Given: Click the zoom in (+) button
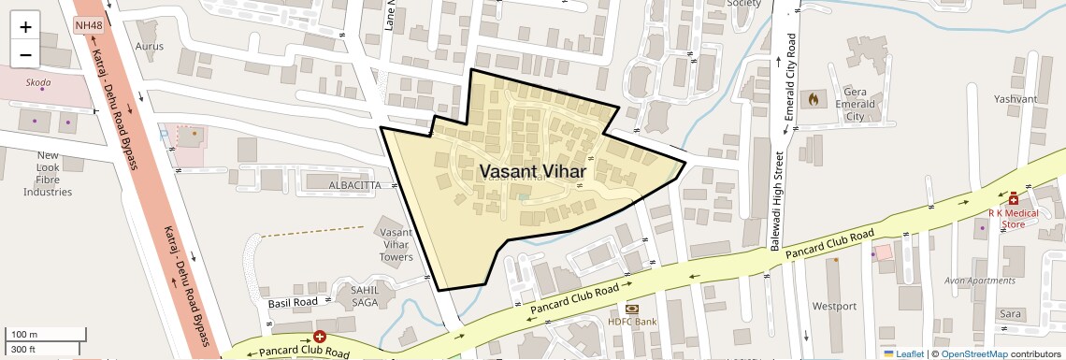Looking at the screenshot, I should pos(25,27).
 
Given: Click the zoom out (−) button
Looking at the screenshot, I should pos(25,55).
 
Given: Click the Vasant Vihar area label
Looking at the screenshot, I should pos(532,172).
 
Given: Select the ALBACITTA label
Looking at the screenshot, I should pos(354,186).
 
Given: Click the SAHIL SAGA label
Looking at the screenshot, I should pos(365,295).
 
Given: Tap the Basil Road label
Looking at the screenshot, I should pos(293,303).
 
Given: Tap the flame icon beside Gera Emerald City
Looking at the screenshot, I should pos(813,96).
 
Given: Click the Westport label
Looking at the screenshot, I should pos(834,306).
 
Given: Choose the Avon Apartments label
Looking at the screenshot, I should pos(979,281).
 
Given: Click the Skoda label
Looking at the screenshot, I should pos(38,82).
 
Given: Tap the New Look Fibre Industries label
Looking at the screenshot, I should pos(48,173).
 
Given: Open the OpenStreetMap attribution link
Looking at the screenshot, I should pos(973,353).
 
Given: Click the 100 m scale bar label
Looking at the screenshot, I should pos(24,335).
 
